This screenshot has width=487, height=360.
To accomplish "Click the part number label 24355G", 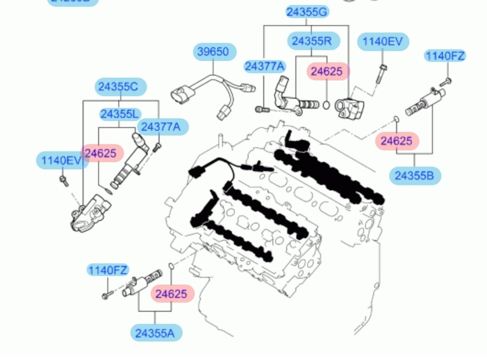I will (307, 12).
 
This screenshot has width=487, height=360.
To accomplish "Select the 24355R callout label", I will (311, 41).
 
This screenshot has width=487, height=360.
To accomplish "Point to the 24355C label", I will (118, 87).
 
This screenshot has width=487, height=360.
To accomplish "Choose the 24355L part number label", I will (120, 114).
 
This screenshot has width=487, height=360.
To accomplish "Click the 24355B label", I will (414, 176).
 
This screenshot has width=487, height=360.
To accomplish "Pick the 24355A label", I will (154, 333).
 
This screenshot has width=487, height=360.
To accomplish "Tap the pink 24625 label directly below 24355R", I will (327, 72).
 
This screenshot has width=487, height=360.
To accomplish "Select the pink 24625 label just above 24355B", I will (396, 141).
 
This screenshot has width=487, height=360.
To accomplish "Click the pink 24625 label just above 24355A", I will (171, 293).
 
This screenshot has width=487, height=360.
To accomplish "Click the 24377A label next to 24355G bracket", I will (264, 67).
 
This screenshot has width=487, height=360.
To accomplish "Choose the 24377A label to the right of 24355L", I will (161, 127).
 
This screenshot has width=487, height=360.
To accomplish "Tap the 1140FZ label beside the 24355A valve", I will (108, 270).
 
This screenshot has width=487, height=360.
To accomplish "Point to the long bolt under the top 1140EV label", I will (380, 75).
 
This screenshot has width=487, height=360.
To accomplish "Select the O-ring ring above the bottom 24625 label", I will (171, 267).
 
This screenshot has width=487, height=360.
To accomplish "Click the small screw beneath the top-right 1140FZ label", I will (446, 81).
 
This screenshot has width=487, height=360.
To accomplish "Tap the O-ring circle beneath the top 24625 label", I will (326, 106).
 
